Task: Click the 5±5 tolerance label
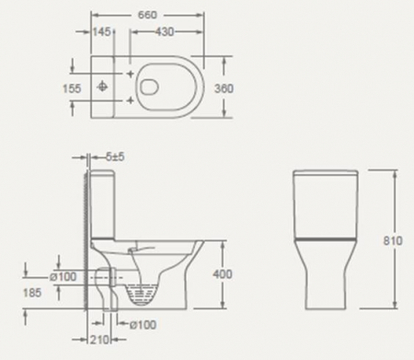point(116,158)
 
